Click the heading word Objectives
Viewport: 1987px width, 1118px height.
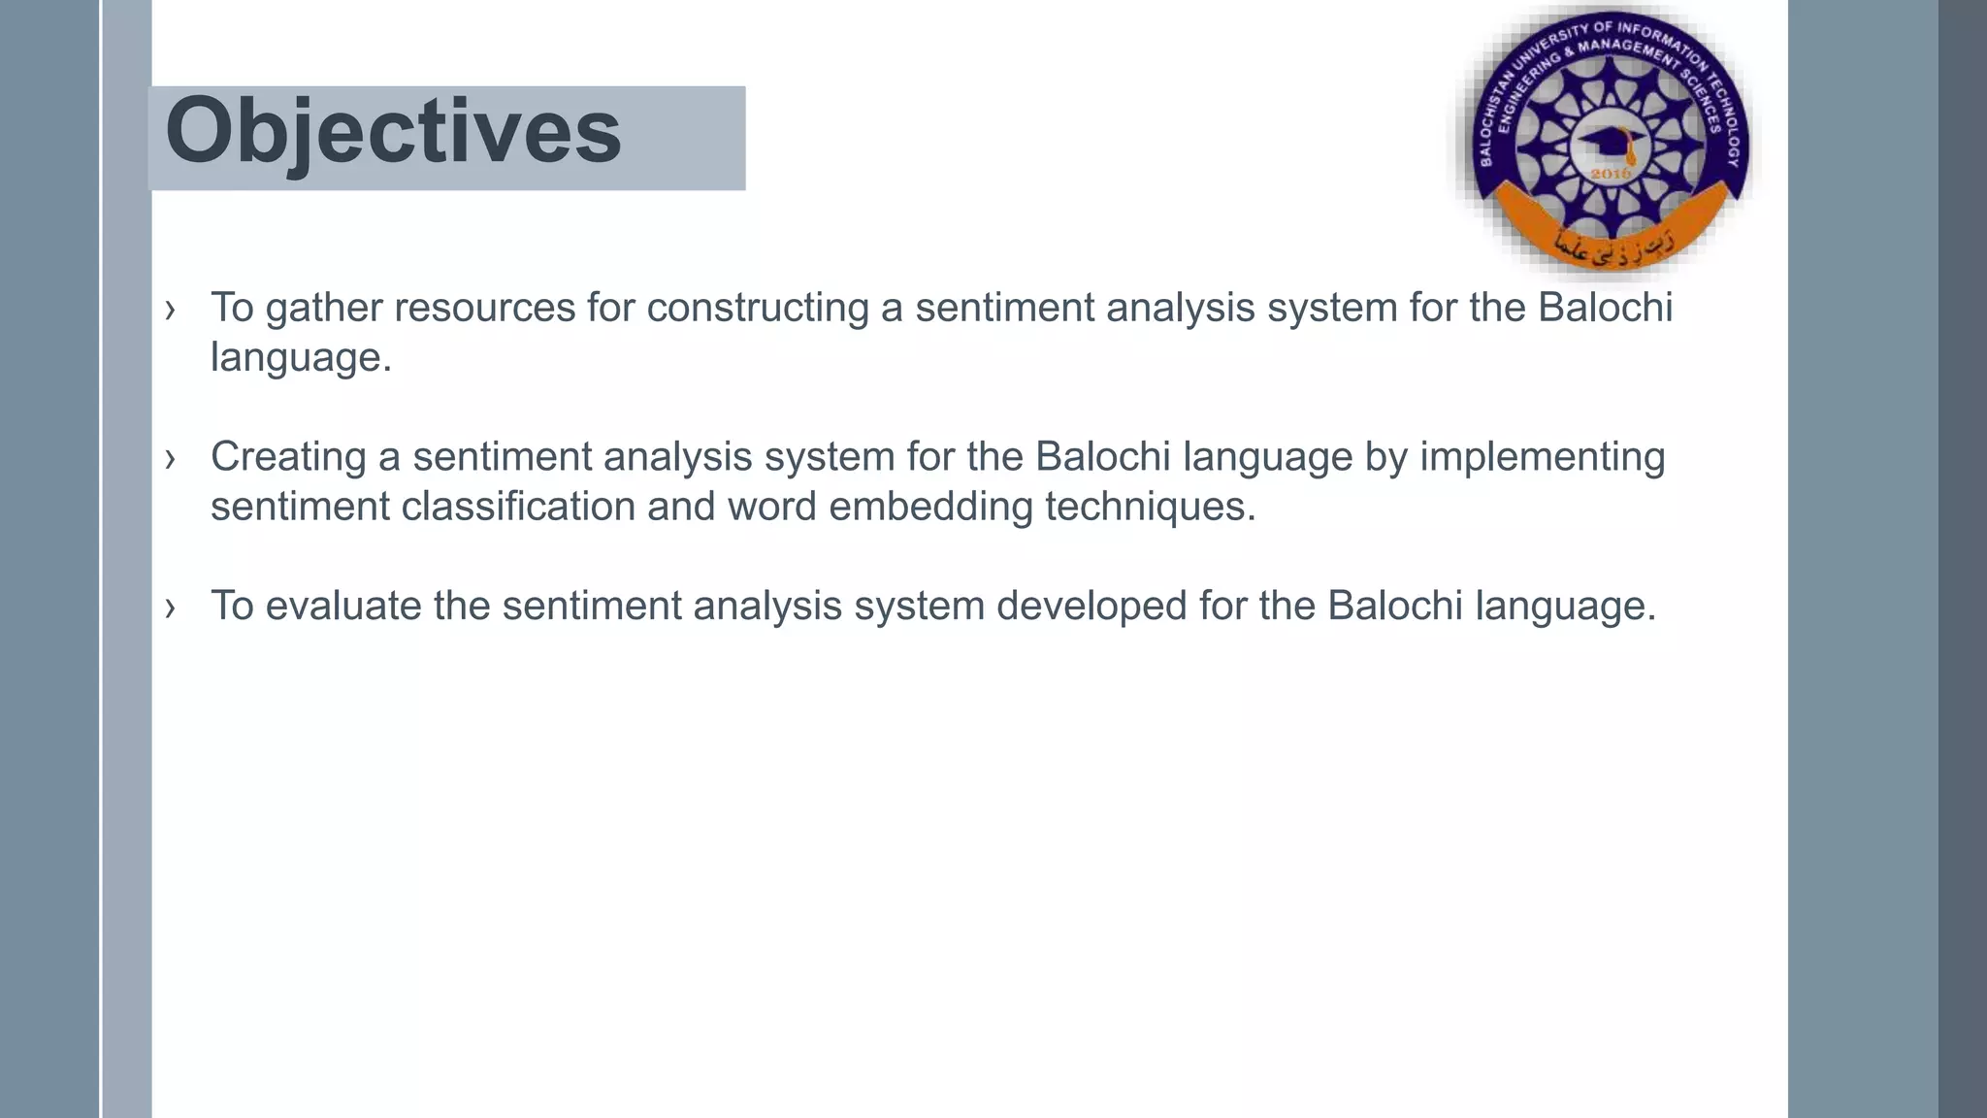tap(393, 132)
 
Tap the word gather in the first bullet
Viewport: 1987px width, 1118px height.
tap(324, 308)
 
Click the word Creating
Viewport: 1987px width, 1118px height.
tap(288, 457)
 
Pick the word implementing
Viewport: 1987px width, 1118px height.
tap(1542, 457)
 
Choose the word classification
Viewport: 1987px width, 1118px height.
tap(518, 507)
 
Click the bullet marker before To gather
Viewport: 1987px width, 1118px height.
tap(171, 310)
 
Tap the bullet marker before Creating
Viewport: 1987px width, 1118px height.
tap(171, 458)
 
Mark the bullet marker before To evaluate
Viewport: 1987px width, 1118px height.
tap(171, 608)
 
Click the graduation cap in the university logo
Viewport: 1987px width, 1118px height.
tap(1611, 144)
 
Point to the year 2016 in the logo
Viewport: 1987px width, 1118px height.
tap(1612, 174)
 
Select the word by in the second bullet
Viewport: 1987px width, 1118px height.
tap(1385, 457)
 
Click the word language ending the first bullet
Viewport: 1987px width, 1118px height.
tap(301, 358)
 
